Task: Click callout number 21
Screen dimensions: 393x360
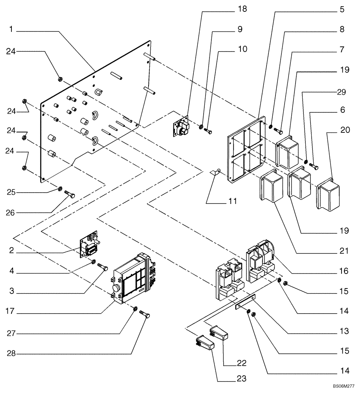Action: point(344,251)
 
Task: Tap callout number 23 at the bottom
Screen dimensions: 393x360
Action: point(241,379)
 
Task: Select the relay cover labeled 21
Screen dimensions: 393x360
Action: point(271,189)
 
